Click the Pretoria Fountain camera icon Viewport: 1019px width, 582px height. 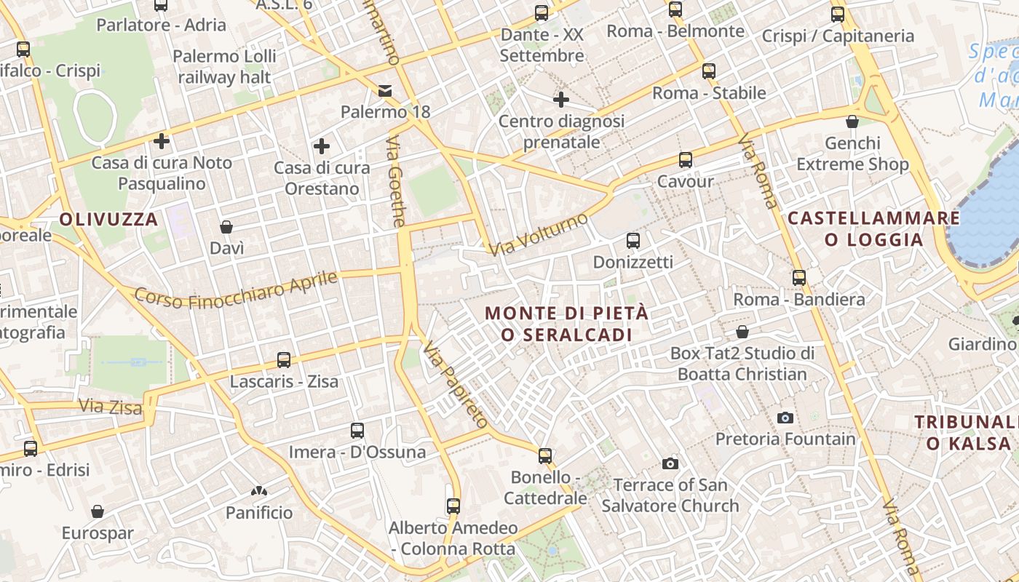tap(785, 418)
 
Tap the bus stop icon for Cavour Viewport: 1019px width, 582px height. tap(685, 160)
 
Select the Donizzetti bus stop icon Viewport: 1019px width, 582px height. tap(633, 241)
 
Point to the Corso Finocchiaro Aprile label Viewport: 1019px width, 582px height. tap(237, 290)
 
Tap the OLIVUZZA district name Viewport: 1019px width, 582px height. tap(108, 219)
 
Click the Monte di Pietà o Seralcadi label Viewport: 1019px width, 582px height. tap(566, 324)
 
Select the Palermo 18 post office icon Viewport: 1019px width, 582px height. tap(384, 91)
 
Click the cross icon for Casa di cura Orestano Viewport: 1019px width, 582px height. tap(321, 147)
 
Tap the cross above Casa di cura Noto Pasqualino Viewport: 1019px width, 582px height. tap(162, 141)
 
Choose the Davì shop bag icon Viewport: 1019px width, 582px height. tap(226, 227)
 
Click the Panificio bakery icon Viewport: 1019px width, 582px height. tap(258, 492)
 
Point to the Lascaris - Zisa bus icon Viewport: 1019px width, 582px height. tap(284, 360)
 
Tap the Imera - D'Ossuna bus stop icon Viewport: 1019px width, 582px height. tap(357, 431)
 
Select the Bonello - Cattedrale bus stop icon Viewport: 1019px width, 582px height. tap(545, 456)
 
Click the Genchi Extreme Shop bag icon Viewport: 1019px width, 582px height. tap(852, 121)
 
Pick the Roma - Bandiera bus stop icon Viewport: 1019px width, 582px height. tap(799, 278)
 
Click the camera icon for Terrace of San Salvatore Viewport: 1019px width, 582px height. tap(670, 463)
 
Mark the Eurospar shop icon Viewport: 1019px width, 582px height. tap(98, 511)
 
